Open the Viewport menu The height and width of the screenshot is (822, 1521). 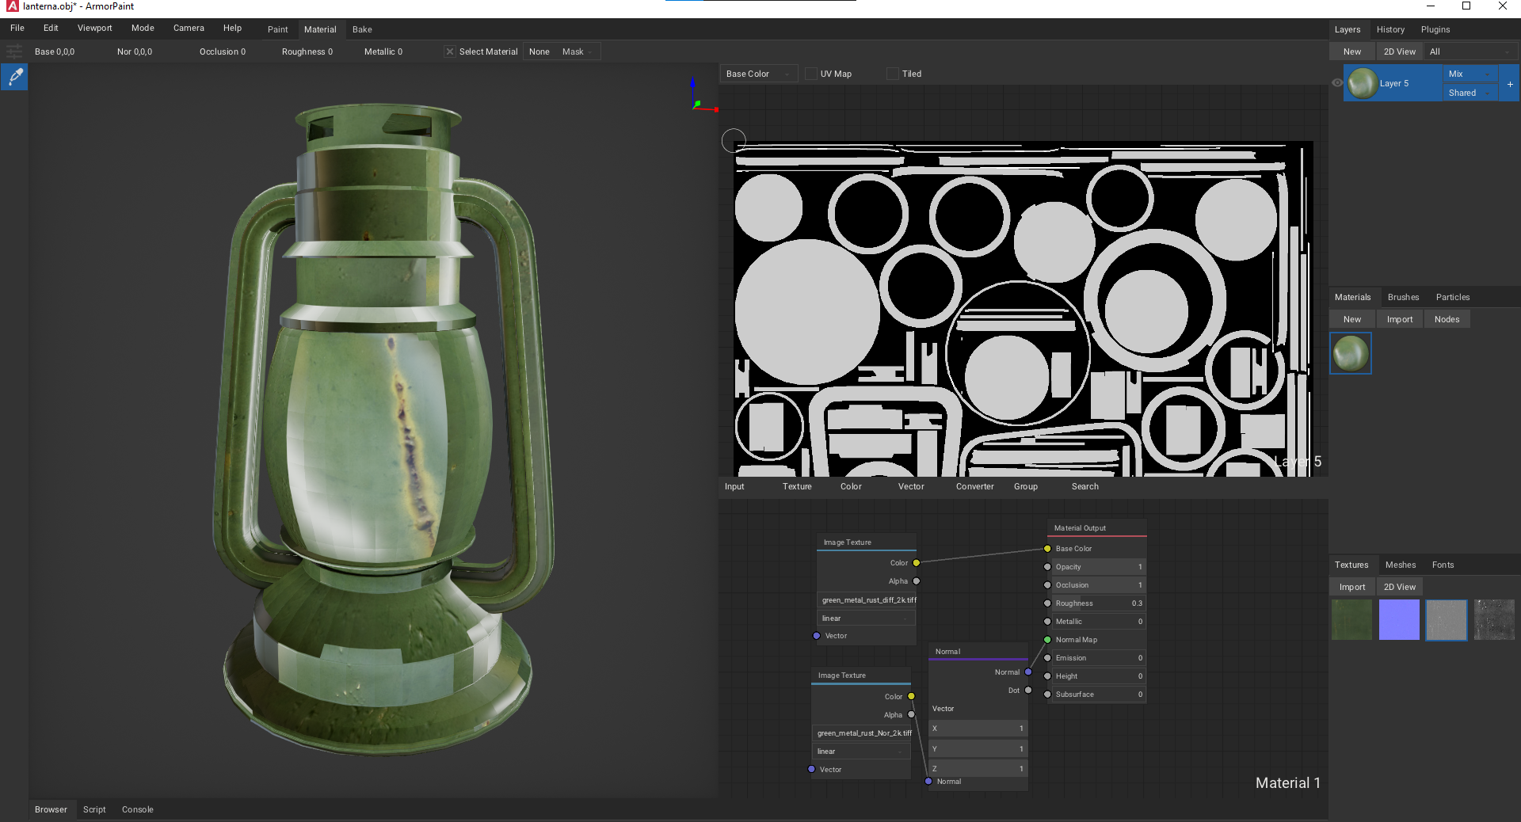[94, 28]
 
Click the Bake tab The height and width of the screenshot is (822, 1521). [362, 29]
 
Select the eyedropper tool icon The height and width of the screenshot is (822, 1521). [15, 77]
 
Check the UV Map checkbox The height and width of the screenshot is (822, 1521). [811, 74]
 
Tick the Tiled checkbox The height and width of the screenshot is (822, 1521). [893, 74]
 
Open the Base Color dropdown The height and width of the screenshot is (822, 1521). [757, 74]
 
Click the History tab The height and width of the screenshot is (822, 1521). [1389, 29]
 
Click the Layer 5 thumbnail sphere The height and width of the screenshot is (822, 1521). [1363, 83]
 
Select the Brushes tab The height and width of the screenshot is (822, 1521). [1403, 297]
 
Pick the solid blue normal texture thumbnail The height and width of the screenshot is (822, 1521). [1399, 619]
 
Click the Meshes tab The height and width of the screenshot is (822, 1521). [1400, 565]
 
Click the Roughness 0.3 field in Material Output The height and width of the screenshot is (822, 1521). [1098, 603]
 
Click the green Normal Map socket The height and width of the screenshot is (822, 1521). [1047, 640]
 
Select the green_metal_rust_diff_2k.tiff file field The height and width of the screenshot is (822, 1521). [867, 600]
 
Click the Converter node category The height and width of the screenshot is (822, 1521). [974, 486]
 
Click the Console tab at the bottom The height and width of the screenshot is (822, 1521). [137, 809]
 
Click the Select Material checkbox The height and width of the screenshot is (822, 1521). [450, 51]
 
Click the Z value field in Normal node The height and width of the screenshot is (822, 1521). [978, 769]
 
